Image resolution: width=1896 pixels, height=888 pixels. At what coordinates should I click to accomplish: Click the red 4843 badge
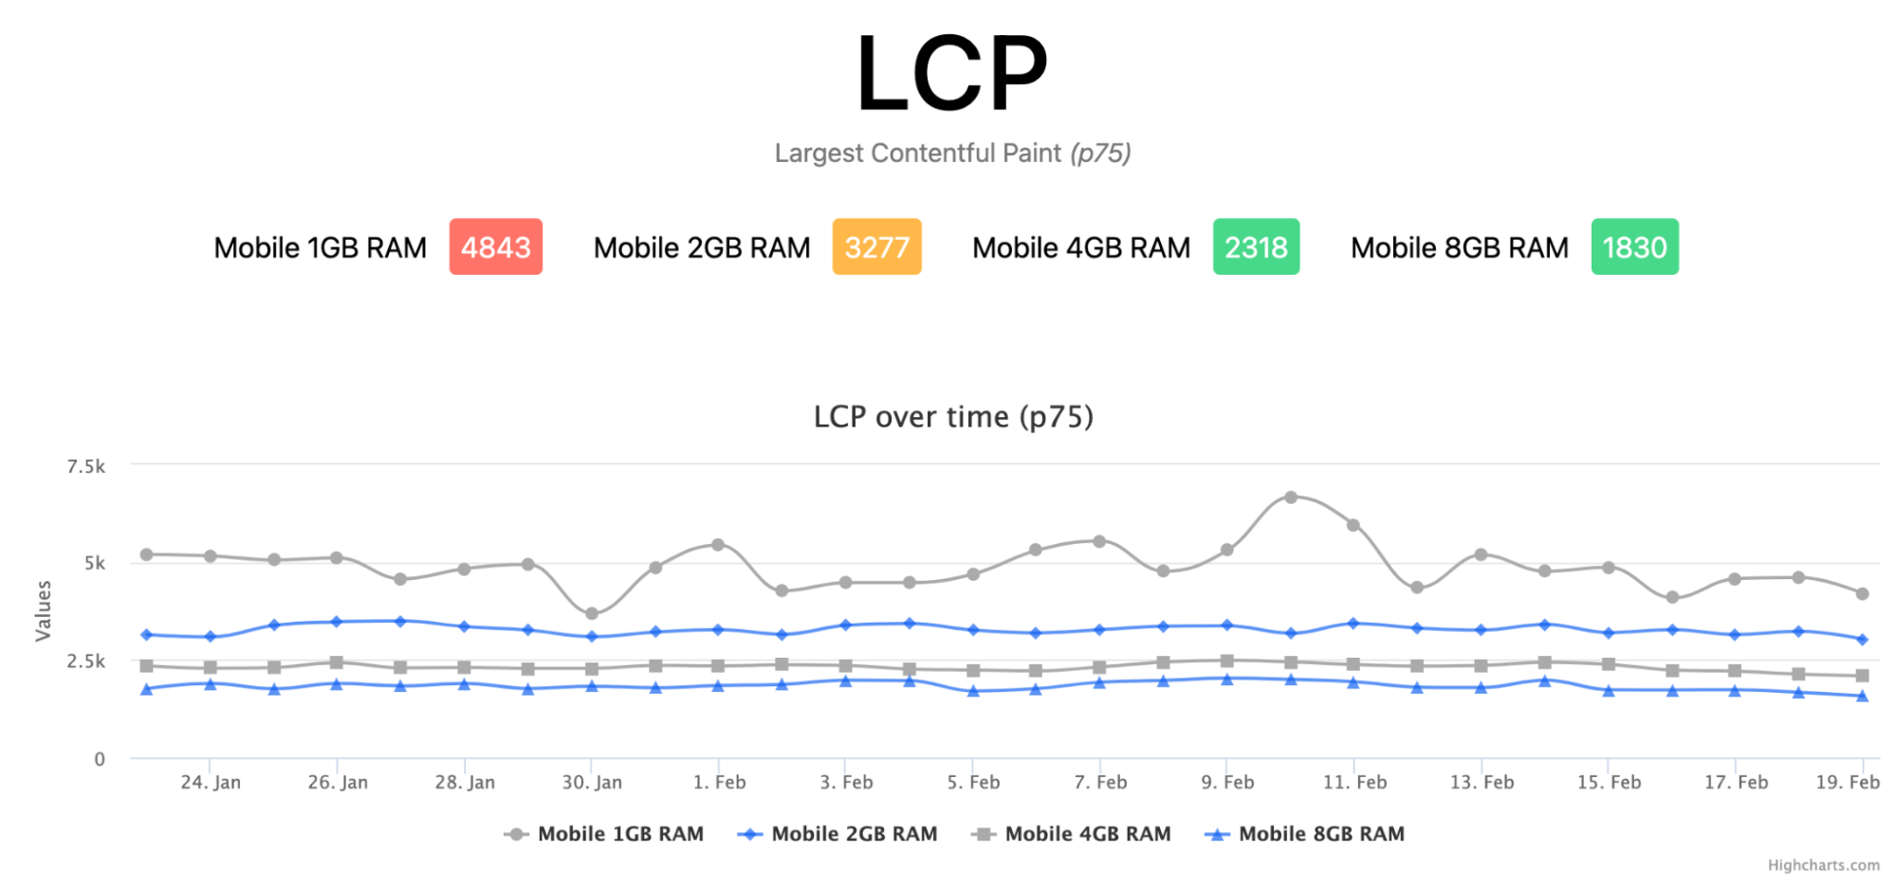pos(495,247)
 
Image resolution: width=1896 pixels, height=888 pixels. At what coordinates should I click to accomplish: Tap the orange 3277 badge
pos(876,247)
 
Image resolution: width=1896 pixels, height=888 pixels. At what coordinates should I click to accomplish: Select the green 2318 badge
pos(1256,247)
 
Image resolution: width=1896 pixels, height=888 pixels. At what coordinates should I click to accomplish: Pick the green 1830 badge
pos(1634,247)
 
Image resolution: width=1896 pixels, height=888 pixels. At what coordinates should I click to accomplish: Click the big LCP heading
pos(951,74)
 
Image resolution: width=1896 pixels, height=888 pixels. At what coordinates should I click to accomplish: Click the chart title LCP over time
pos(953,417)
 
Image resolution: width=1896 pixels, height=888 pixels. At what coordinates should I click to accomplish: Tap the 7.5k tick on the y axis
pos(86,466)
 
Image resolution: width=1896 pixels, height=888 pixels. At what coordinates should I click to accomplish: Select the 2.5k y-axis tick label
pos(86,661)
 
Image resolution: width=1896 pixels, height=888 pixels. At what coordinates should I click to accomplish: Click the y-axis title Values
pos(44,611)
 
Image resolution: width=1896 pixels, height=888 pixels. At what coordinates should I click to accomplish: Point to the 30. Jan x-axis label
pos(592,783)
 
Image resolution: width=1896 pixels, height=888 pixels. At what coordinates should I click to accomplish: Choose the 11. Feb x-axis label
pos(1354,783)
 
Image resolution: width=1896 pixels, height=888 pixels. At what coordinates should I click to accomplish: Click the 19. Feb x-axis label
pos(1847,783)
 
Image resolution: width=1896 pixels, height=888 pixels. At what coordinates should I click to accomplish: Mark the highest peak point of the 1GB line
pos(1291,498)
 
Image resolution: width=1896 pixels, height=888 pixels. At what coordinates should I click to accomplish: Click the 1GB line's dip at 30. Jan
pos(592,614)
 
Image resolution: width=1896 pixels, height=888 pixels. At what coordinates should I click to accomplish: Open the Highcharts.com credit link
pos(1823,865)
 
